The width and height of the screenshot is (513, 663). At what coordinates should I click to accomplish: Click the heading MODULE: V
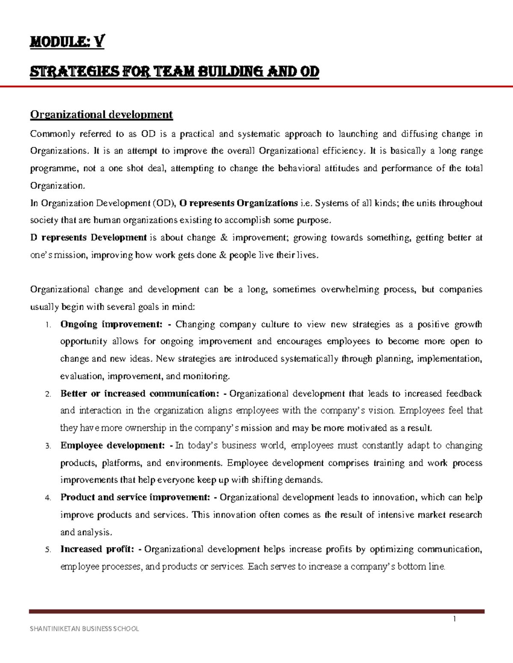pos(67,42)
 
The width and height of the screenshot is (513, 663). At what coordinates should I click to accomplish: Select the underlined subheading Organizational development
pos(101,114)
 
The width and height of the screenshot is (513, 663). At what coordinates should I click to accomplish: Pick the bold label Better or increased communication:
pos(140,394)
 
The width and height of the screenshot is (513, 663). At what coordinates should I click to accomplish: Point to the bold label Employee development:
pos(112,446)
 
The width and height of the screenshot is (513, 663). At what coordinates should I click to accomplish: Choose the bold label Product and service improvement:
pos(135,497)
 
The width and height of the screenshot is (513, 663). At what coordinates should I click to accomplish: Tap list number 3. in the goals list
pos(48,446)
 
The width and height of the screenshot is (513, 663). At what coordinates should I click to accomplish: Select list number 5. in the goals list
pos(48,550)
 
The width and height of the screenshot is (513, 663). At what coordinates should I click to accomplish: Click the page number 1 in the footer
pos(455,619)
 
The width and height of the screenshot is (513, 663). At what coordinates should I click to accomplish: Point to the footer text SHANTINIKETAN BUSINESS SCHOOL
pos(84,628)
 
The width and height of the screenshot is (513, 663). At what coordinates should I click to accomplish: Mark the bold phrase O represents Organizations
pos(239,203)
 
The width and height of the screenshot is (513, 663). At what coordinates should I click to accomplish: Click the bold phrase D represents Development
pos(88,238)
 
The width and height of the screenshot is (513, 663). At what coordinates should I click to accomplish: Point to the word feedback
pos(464,394)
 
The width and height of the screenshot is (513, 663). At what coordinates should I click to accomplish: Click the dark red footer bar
pos(256,611)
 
